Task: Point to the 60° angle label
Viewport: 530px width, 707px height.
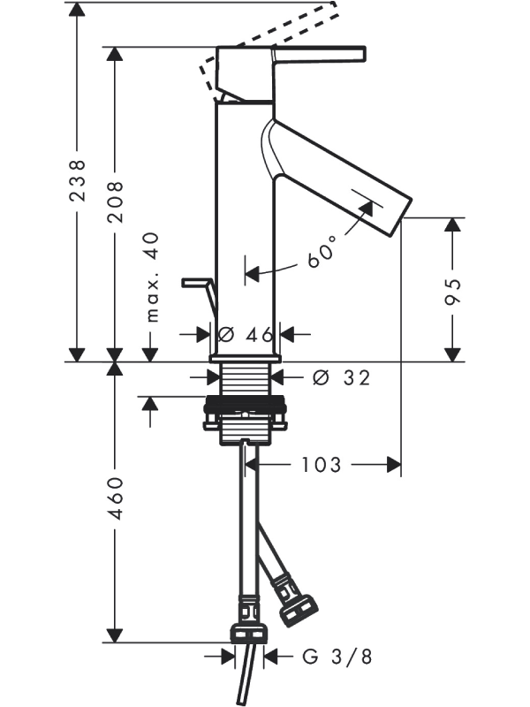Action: [x=322, y=252]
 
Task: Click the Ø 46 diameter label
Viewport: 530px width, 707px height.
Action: [x=245, y=335]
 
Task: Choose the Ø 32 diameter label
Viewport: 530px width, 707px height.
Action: [x=341, y=377]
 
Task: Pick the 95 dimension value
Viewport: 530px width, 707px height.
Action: [x=451, y=291]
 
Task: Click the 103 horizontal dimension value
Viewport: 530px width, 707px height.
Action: [x=321, y=464]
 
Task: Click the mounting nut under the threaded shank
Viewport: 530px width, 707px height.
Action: [x=245, y=414]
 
